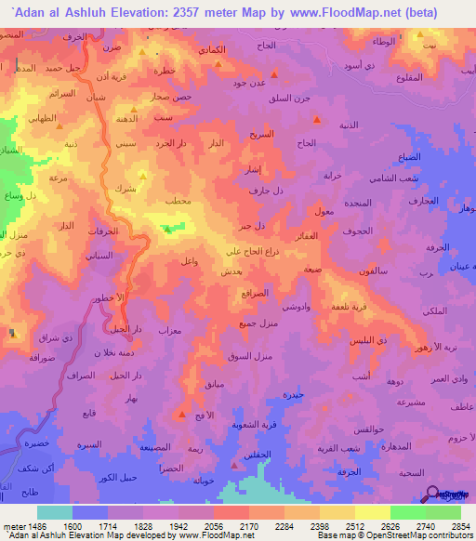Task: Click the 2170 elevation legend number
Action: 230,526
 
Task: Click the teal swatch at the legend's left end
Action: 55,512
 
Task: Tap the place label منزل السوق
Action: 251,356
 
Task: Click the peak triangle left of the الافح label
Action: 181,414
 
